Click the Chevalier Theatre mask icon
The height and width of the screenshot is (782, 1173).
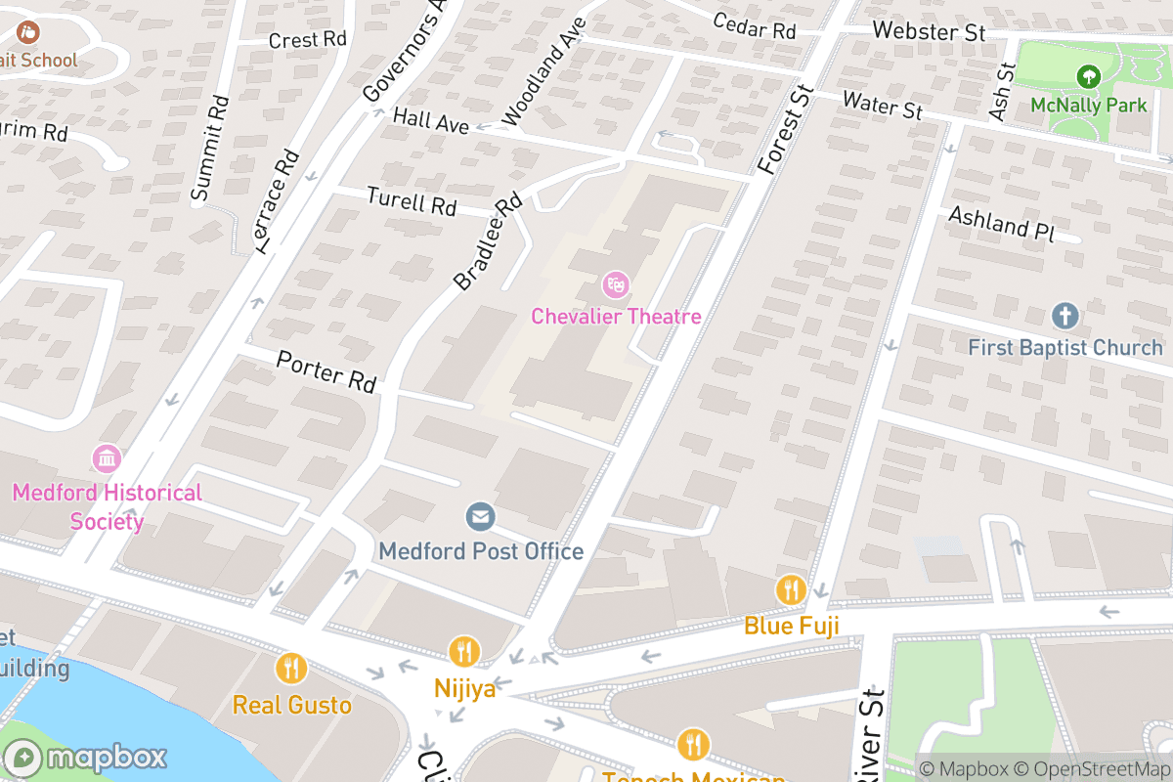(x=615, y=285)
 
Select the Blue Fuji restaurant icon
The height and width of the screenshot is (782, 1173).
(x=791, y=590)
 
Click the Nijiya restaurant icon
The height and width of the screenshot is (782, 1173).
(x=463, y=651)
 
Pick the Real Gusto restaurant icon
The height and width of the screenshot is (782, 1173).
(x=291, y=669)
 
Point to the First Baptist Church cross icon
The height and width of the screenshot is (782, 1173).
(x=1064, y=316)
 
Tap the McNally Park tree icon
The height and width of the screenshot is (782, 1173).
(x=1087, y=75)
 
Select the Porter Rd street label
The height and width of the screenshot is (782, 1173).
(x=326, y=371)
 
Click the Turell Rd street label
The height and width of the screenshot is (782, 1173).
(x=412, y=201)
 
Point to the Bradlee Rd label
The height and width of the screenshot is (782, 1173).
(x=488, y=241)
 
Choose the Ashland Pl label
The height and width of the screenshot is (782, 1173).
(x=1003, y=222)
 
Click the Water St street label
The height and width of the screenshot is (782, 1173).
(x=882, y=104)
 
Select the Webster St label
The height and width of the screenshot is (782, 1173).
(x=929, y=31)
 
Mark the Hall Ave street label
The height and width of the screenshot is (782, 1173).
(x=431, y=120)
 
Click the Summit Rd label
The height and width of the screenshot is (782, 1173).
(x=210, y=149)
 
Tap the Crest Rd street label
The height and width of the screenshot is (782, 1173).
(x=308, y=40)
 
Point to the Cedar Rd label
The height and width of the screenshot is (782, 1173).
(x=754, y=26)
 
